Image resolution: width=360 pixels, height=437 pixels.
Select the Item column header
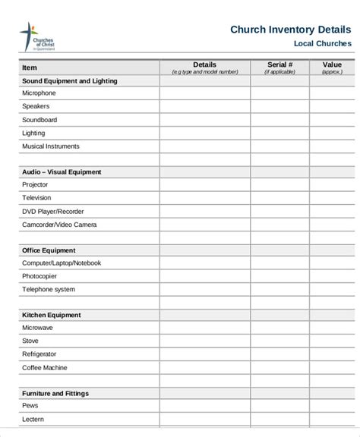point(29,68)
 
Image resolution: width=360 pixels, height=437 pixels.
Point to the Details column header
point(204,65)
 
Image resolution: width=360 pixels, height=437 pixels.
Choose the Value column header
point(331,65)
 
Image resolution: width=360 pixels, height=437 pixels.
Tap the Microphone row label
point(39,93)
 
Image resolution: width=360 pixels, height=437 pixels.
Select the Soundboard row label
point(39,120)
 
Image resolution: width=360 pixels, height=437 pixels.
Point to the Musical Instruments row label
point(50,146)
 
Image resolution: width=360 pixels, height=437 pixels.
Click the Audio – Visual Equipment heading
point(62,172)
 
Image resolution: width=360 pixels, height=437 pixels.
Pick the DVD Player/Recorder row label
point(52,211)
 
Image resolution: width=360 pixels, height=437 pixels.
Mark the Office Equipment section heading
point(49,250)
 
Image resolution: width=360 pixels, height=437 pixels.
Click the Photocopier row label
point(39,276)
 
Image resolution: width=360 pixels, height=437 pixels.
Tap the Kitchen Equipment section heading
point(51,315)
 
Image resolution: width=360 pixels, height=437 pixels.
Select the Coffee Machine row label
point(44,367)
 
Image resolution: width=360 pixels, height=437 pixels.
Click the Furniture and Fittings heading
point(55,393)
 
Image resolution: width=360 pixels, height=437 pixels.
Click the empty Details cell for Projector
point(204,185)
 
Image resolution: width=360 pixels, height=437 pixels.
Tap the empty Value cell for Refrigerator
point(331,354)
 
